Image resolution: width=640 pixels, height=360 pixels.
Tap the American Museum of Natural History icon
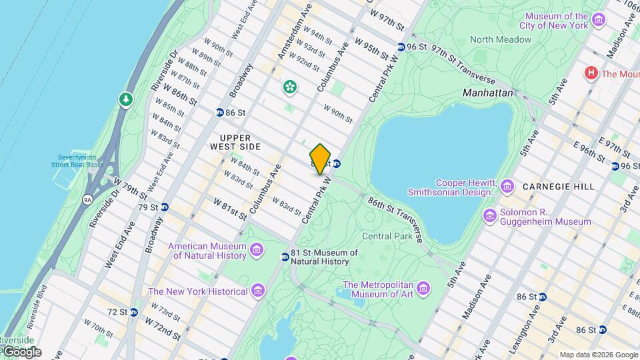[257, 250]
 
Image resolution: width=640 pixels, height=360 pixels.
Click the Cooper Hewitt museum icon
[507, 184]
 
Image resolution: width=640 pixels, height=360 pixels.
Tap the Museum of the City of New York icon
[598, 21]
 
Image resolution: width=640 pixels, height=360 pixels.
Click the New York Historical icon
[257, 291]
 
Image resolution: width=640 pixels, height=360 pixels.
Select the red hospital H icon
[590, 73]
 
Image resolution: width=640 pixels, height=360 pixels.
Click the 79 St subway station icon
[164, 207]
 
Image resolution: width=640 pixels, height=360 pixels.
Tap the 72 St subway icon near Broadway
[134, 311]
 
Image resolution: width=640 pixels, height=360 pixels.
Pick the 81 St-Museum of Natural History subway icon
[285, 257]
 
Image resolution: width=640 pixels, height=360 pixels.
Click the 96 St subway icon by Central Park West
[401, 47]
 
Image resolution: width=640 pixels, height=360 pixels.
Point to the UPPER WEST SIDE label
[235, 141]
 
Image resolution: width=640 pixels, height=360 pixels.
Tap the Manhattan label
[488, 93]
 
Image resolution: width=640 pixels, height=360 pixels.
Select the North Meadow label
[501, 39]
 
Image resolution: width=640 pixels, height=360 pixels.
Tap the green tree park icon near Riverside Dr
[125, 99]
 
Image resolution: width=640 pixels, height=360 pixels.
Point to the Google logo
[21, 351]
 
